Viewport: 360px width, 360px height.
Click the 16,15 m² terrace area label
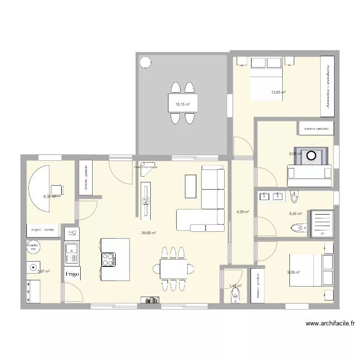[182, 104]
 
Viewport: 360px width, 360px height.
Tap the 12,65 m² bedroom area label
[278, 92]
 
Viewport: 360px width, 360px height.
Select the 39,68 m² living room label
[148, 233]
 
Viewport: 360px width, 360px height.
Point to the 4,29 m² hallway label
[242, 212]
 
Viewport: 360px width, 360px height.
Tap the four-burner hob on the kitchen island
[108, 260]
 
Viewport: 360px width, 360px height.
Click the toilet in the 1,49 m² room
[235, 294]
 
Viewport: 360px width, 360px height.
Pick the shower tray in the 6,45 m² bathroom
[322, 222]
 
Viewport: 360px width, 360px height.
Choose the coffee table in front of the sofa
[191, 186]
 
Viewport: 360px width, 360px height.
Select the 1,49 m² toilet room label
[235, 286]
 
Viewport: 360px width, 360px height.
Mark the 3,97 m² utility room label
[44, 271]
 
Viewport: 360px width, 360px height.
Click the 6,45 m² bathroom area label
[295, 214]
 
